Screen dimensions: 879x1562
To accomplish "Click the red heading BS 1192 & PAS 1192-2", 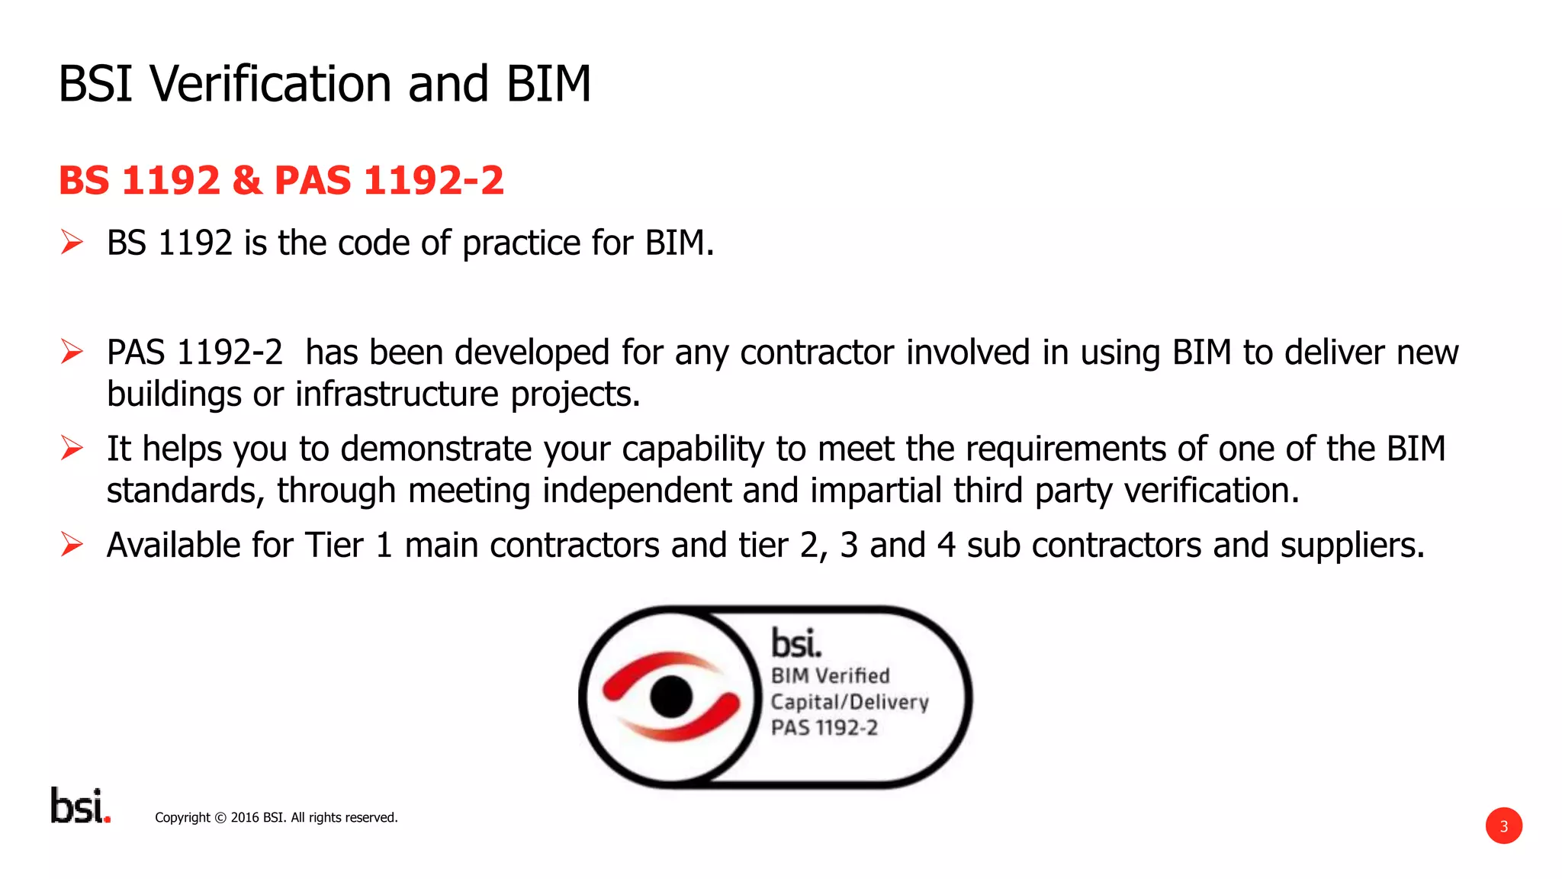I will point(281,181).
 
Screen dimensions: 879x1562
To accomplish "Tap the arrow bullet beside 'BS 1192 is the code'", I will point(72,243).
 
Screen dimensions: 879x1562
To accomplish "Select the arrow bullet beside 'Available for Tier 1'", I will point(72,545).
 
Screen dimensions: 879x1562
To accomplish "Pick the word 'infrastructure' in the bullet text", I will point(397,394).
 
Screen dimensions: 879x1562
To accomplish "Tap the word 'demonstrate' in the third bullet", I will point(435,449).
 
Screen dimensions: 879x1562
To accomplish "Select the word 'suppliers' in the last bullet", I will point(1351,546).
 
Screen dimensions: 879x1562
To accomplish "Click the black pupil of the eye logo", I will point(671,696).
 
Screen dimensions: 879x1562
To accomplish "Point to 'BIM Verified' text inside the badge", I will point(830,676).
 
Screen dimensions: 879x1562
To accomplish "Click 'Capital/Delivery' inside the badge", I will point(849,702).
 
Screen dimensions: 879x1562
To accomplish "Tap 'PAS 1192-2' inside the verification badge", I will point(824,728).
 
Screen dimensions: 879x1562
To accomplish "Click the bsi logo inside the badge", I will point(795,643).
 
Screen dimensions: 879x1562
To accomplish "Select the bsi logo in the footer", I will point(80,806).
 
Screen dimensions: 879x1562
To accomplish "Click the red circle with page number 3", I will point(1503,826).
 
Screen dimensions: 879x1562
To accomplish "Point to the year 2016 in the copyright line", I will point(245,818).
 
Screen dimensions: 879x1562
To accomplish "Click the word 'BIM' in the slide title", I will point(548,84).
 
